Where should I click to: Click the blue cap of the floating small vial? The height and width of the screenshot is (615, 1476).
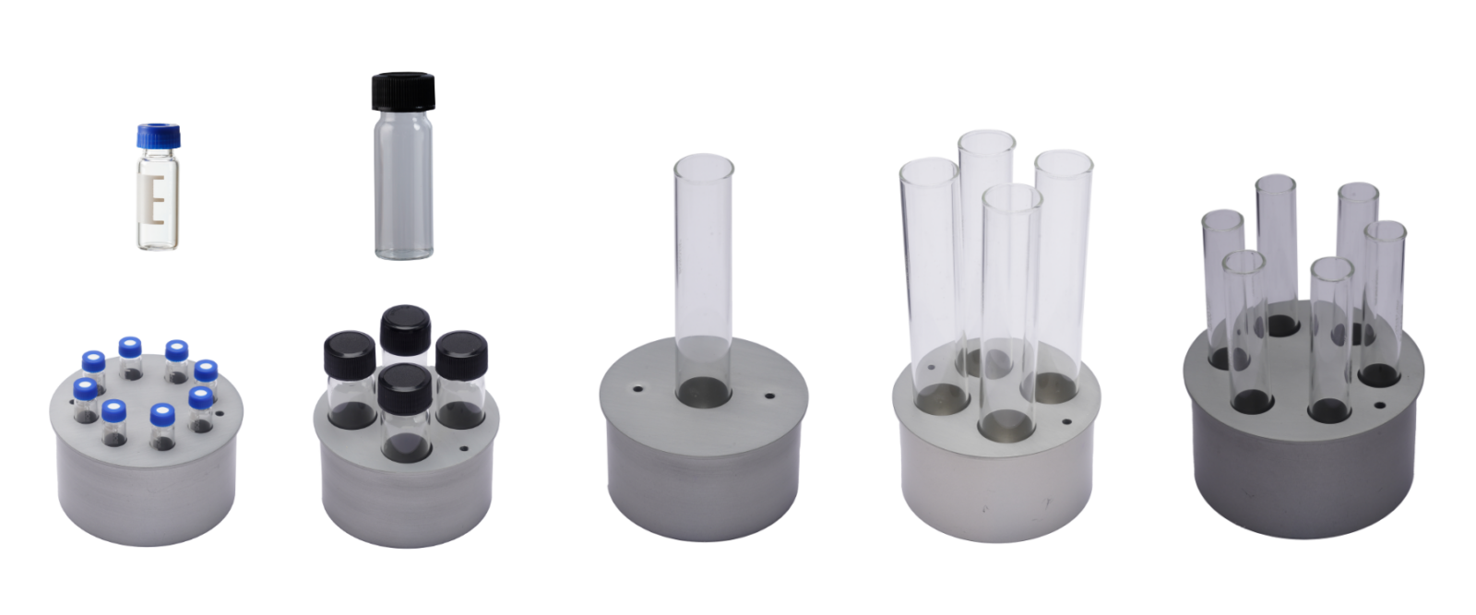pyautogui.click(x=161, y=135)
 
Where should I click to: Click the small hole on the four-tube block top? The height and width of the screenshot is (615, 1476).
pyautogui.click(x=1066, y=422)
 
